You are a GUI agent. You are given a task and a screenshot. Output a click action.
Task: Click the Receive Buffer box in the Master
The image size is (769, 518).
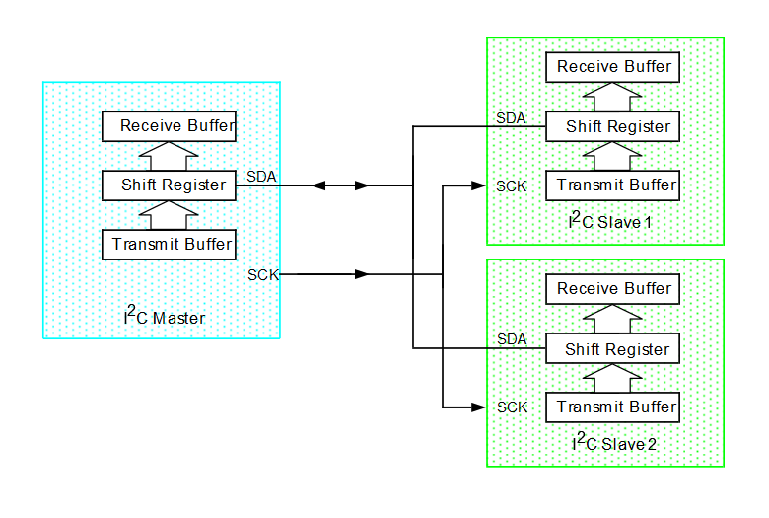pos(170,126)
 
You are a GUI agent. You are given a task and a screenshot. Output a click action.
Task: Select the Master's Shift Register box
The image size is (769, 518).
pos(170,185)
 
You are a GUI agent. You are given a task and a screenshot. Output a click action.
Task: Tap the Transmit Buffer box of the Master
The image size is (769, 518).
pos(170,244)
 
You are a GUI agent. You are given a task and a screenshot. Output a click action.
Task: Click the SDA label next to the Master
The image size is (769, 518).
pos(261,177)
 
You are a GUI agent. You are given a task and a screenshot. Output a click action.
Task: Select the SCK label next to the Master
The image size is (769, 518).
pos(262,274)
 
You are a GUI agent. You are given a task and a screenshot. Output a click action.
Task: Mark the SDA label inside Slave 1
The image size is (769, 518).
pos(511,118)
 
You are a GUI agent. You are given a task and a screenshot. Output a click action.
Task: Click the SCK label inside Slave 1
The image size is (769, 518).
pos(512,185)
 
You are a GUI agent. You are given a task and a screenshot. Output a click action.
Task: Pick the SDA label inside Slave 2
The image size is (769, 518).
pos(511,339)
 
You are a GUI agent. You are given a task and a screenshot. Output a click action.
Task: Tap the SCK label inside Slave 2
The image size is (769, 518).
pos(512,407)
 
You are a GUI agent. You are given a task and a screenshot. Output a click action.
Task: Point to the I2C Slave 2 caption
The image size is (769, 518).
pos(613,443)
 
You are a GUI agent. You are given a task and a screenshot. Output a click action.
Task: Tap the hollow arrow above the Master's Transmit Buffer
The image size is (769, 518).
pos(170,214)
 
